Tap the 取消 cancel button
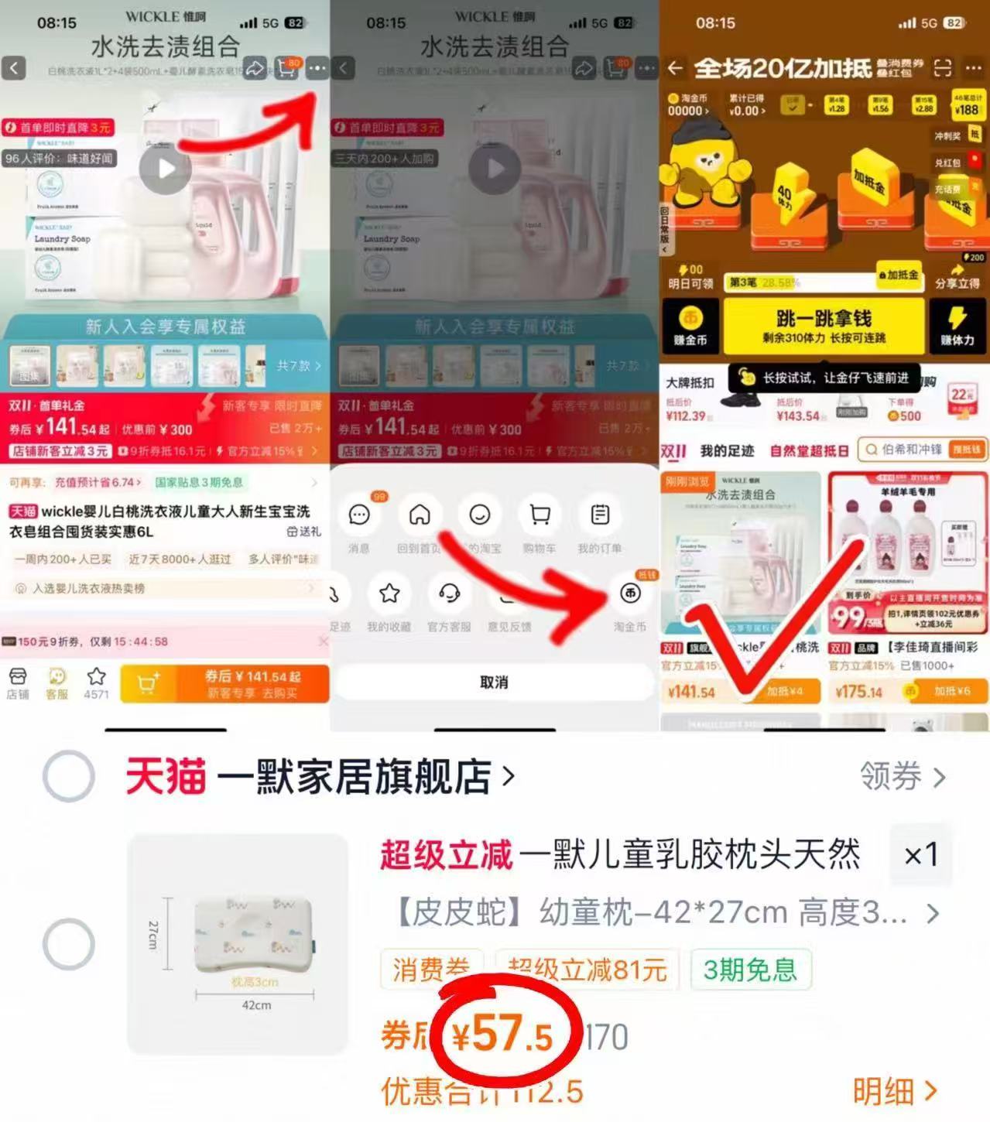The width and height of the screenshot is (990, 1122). (494, 682)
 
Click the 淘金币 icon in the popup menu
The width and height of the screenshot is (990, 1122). (630, 593)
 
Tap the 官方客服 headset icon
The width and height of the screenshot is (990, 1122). (449, 593)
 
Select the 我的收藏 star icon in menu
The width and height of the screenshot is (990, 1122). (389, 593)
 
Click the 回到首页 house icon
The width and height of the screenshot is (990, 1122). (420, 515)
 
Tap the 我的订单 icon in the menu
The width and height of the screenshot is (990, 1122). (600, 515)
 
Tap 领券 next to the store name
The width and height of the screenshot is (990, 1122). (902, 775)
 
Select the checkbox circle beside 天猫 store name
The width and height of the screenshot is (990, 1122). (69, 775)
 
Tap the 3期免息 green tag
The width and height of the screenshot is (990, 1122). (749, 969)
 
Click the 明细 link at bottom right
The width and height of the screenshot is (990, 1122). (895, 1091)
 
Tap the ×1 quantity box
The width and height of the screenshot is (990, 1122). (921, 855)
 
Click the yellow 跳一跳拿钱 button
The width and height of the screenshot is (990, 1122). (823, 326)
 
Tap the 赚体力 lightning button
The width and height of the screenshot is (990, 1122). (957, 325)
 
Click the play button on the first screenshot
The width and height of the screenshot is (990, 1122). (165, 169)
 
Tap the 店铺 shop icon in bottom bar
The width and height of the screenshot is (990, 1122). (18, 683)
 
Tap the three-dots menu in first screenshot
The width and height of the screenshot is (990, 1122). (317, 68)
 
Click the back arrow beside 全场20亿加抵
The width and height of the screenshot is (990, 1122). (675, 68)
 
